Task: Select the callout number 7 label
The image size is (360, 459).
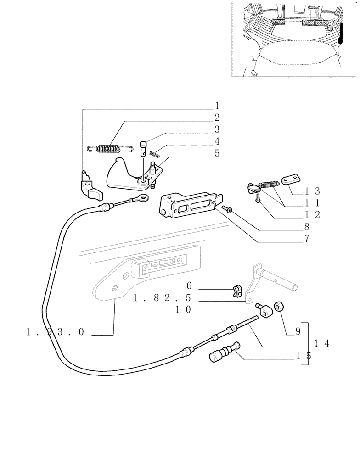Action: [x=306, y=239]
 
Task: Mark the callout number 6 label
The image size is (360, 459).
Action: [x=188, y=286]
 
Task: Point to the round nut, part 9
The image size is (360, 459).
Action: [x=278, y=307]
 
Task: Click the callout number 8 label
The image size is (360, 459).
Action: [x=306, y=226]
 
